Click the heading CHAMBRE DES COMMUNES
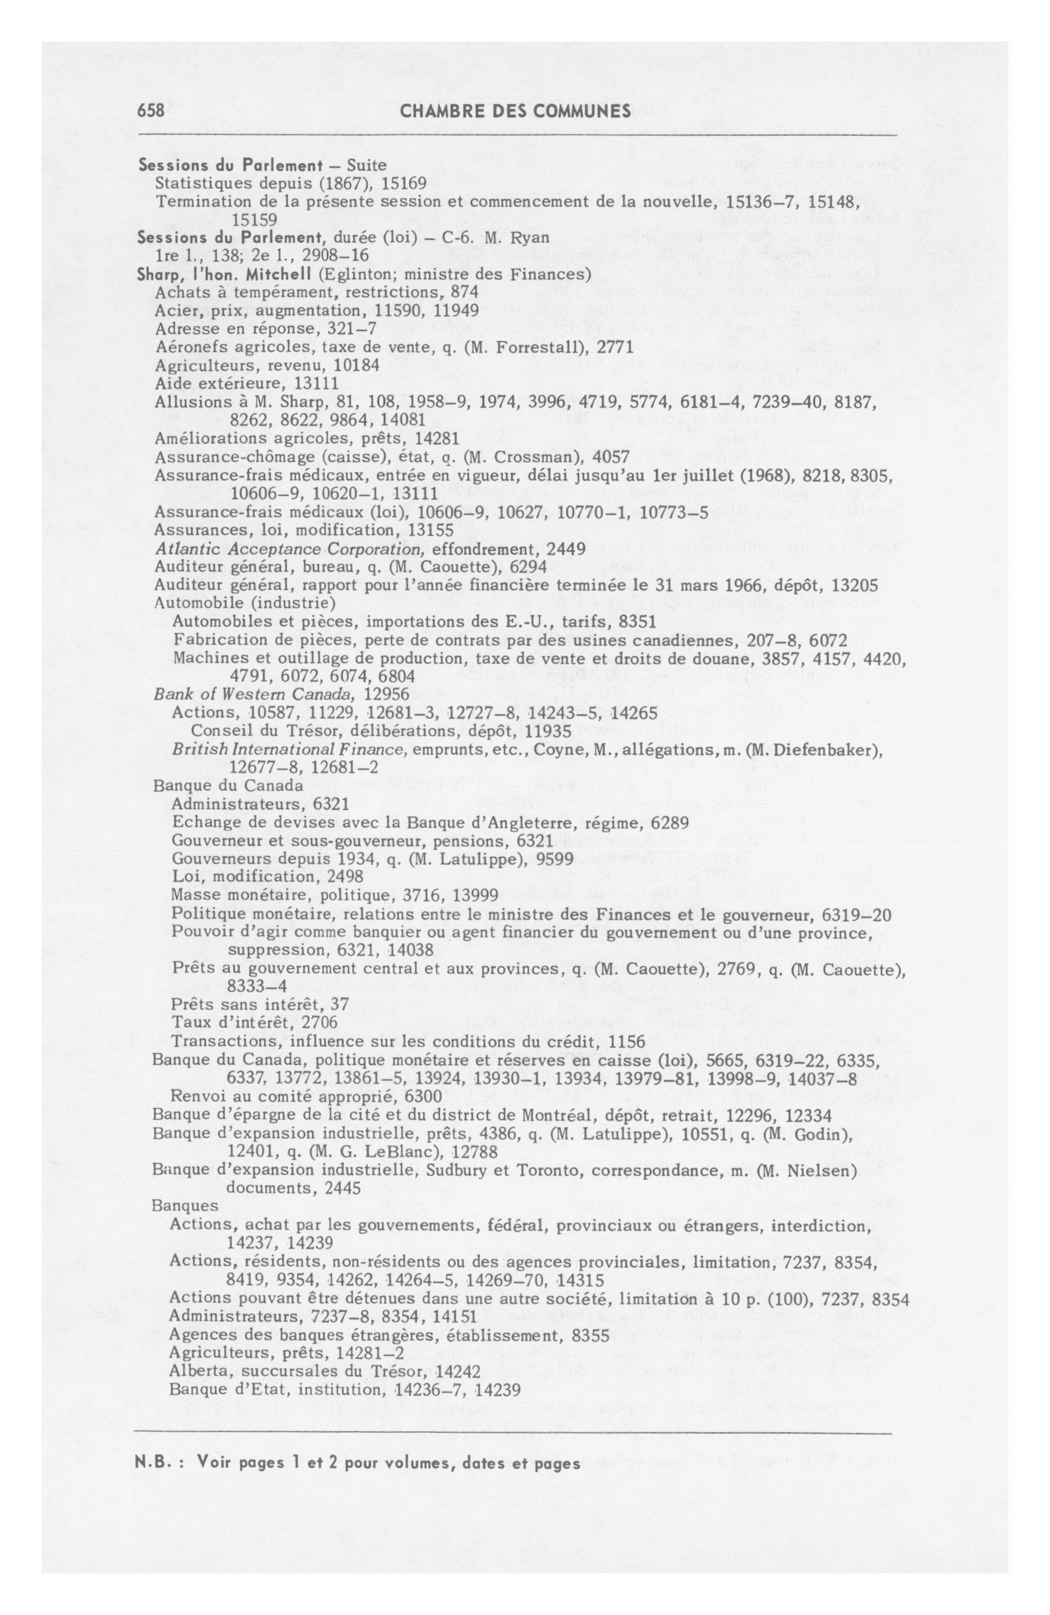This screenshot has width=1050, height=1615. pyautogui.click(x=516, y=111)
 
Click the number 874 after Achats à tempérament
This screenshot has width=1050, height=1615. pyautogui.click(x=465, y=293)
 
